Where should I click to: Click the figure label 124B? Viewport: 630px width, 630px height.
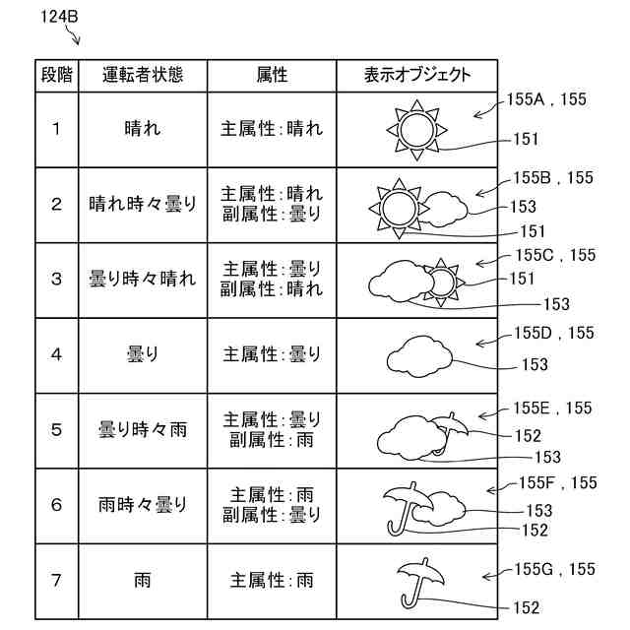tap(60, 17)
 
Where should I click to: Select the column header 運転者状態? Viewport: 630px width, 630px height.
tap(143, 75)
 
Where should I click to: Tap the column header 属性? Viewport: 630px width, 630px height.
tap(271, 75)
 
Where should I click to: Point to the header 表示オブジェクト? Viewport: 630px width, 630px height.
tap(416, 75)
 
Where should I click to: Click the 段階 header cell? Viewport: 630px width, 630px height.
tap(55, 75)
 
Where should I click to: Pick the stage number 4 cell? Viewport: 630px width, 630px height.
tap(56, 354)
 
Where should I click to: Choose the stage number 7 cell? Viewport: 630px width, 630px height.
tap(56, 581)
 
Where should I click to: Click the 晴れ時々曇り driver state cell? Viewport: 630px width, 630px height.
tap(143, 205)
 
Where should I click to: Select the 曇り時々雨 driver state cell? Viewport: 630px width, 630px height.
tap(143, 430)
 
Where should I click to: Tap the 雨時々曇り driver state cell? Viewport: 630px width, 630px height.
tap(143, 505)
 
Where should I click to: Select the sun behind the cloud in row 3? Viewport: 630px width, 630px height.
tap(440, 282)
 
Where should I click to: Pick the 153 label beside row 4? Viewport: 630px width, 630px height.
tap(535, 365)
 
